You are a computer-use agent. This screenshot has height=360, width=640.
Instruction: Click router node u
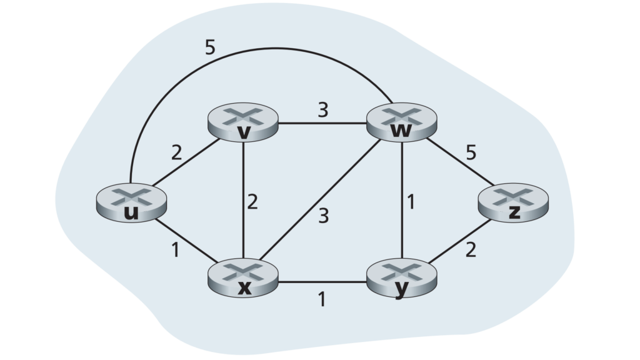click(x=131, y=203)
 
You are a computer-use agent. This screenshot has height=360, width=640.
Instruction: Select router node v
click(x=243, y=122)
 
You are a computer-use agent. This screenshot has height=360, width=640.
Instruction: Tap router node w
click(x=402, y=122)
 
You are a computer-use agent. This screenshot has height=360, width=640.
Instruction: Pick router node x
click(x=243, y=277)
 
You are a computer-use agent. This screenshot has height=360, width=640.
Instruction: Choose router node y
click(x=402, y=278)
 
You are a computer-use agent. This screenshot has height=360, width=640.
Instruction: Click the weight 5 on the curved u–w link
click(x=210, y=47)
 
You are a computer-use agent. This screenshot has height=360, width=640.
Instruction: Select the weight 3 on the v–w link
click(x=323, y=110)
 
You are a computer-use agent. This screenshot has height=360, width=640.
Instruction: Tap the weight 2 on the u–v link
click(x=176, y=152)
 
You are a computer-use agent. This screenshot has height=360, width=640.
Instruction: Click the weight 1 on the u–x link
click(x=176, y=250)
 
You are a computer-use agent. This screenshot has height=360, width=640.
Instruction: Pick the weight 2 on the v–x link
click(x=252, y=202)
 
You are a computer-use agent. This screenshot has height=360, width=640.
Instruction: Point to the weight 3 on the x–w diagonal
click(x=323, y=216)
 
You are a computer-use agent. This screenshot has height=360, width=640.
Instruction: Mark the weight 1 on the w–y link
click(x=411, y=202)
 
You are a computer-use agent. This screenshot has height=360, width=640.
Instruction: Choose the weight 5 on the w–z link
click(x=471, y=152)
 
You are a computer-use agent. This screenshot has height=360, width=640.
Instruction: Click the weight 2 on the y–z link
click(x=471, y=250)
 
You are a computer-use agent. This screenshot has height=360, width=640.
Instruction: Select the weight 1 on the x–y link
click(x=322, y=299)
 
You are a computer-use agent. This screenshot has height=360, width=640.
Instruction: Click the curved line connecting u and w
click(x=261, y=49)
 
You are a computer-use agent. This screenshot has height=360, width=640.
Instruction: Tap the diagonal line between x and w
click(x=321, y=199)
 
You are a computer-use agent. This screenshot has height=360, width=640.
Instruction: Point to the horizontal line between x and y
click(x=322, y=282)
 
